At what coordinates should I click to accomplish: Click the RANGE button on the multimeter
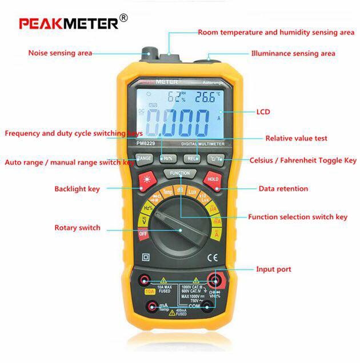point(144,159)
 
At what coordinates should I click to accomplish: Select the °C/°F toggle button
point(215,158)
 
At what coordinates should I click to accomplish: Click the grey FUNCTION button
point(179,172)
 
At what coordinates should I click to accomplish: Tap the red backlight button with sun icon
point(146,181)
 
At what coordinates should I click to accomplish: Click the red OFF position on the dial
point(144,233)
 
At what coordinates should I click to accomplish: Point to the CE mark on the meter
point(211,256)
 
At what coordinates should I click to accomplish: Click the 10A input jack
point(146,280)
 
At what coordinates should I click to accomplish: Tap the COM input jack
point(215,306)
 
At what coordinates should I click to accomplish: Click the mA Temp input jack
point(153,307)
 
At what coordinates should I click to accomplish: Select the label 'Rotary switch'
point(77,228)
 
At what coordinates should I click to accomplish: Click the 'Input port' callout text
point(273,269)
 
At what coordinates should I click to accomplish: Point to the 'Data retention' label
point(283,188)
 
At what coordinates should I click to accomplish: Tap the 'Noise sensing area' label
point(60,53)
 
